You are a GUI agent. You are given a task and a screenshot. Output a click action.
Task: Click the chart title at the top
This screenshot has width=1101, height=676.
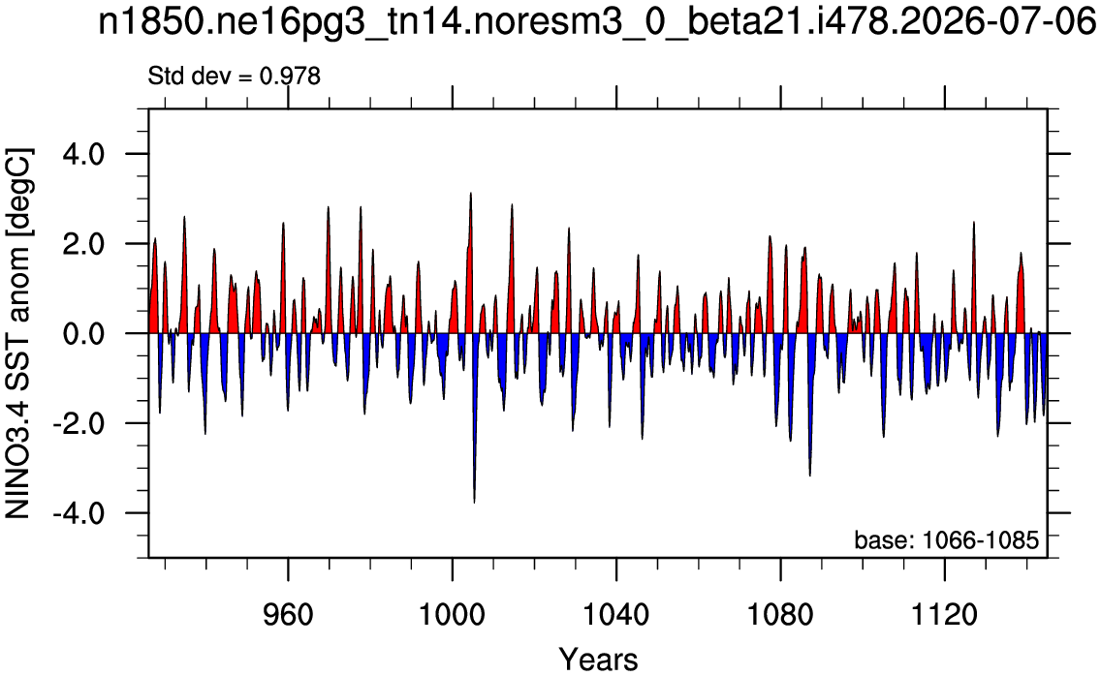pos(597,22)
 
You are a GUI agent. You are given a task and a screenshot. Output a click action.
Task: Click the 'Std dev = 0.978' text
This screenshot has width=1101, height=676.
pos(234,76)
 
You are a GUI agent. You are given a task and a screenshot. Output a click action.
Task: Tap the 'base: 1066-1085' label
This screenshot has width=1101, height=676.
pos(946,539)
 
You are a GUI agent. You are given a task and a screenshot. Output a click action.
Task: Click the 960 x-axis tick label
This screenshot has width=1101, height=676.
pos(288,615)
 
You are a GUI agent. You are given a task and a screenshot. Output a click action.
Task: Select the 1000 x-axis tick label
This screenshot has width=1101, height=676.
pos(453,615)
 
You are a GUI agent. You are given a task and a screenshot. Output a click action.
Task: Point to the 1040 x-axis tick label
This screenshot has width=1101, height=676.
pos(616,615)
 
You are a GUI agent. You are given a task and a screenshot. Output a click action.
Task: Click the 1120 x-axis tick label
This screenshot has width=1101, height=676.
pos(945,615)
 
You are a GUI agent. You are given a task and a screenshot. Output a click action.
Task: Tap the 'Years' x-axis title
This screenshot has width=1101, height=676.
pos(598,660)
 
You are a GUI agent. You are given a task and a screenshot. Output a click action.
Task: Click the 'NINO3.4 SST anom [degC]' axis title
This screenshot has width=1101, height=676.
pos(18,333)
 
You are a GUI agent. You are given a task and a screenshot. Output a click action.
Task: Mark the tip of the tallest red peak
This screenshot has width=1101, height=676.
pos(470,193)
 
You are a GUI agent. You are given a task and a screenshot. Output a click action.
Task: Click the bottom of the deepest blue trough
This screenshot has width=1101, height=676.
pos(475,503)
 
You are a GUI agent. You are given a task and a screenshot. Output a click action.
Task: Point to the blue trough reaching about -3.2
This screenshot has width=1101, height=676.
pos(810,476)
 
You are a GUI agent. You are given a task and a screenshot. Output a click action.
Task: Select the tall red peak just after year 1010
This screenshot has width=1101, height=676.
pos(512,204)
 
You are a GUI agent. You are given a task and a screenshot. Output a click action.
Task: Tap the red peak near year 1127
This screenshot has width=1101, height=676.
pos(974,222)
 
